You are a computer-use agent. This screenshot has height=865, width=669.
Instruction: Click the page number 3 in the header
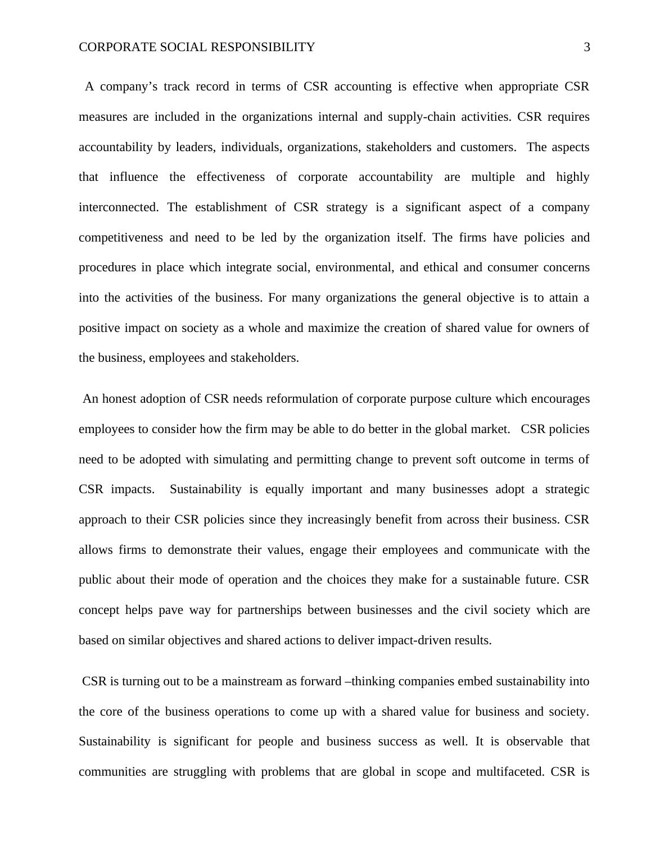point(587,47)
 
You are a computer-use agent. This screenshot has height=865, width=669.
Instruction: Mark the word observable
point(534,741)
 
